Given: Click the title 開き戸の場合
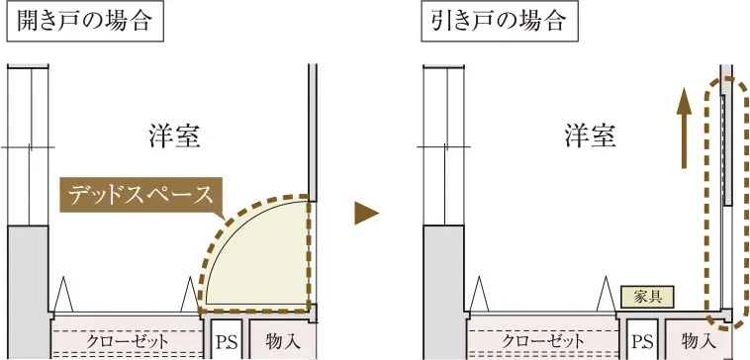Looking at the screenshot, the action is coord(85,23).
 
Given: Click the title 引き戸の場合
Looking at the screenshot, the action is coord(500,23).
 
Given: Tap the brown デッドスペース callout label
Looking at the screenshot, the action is coord(140,195).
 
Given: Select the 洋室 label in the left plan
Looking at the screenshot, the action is coord(174,136).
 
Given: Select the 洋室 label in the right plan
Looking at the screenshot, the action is coord(590,136).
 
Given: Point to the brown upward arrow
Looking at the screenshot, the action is coord(685,129).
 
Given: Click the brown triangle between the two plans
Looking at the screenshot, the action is coord(366,213).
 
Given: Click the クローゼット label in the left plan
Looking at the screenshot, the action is coord(128,341).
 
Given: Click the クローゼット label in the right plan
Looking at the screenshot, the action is coord(543,341).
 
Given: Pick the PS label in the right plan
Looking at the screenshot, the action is coord(642,342).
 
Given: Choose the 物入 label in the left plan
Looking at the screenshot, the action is coord(283,341).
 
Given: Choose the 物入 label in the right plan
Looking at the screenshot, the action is coord(699,341).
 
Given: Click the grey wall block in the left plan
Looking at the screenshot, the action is coord(28,292).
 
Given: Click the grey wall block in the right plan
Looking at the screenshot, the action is coord(443,292).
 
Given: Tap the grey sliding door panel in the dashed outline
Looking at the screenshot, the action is coord(727,149).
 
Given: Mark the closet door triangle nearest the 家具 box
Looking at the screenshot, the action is coord(605,295).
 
